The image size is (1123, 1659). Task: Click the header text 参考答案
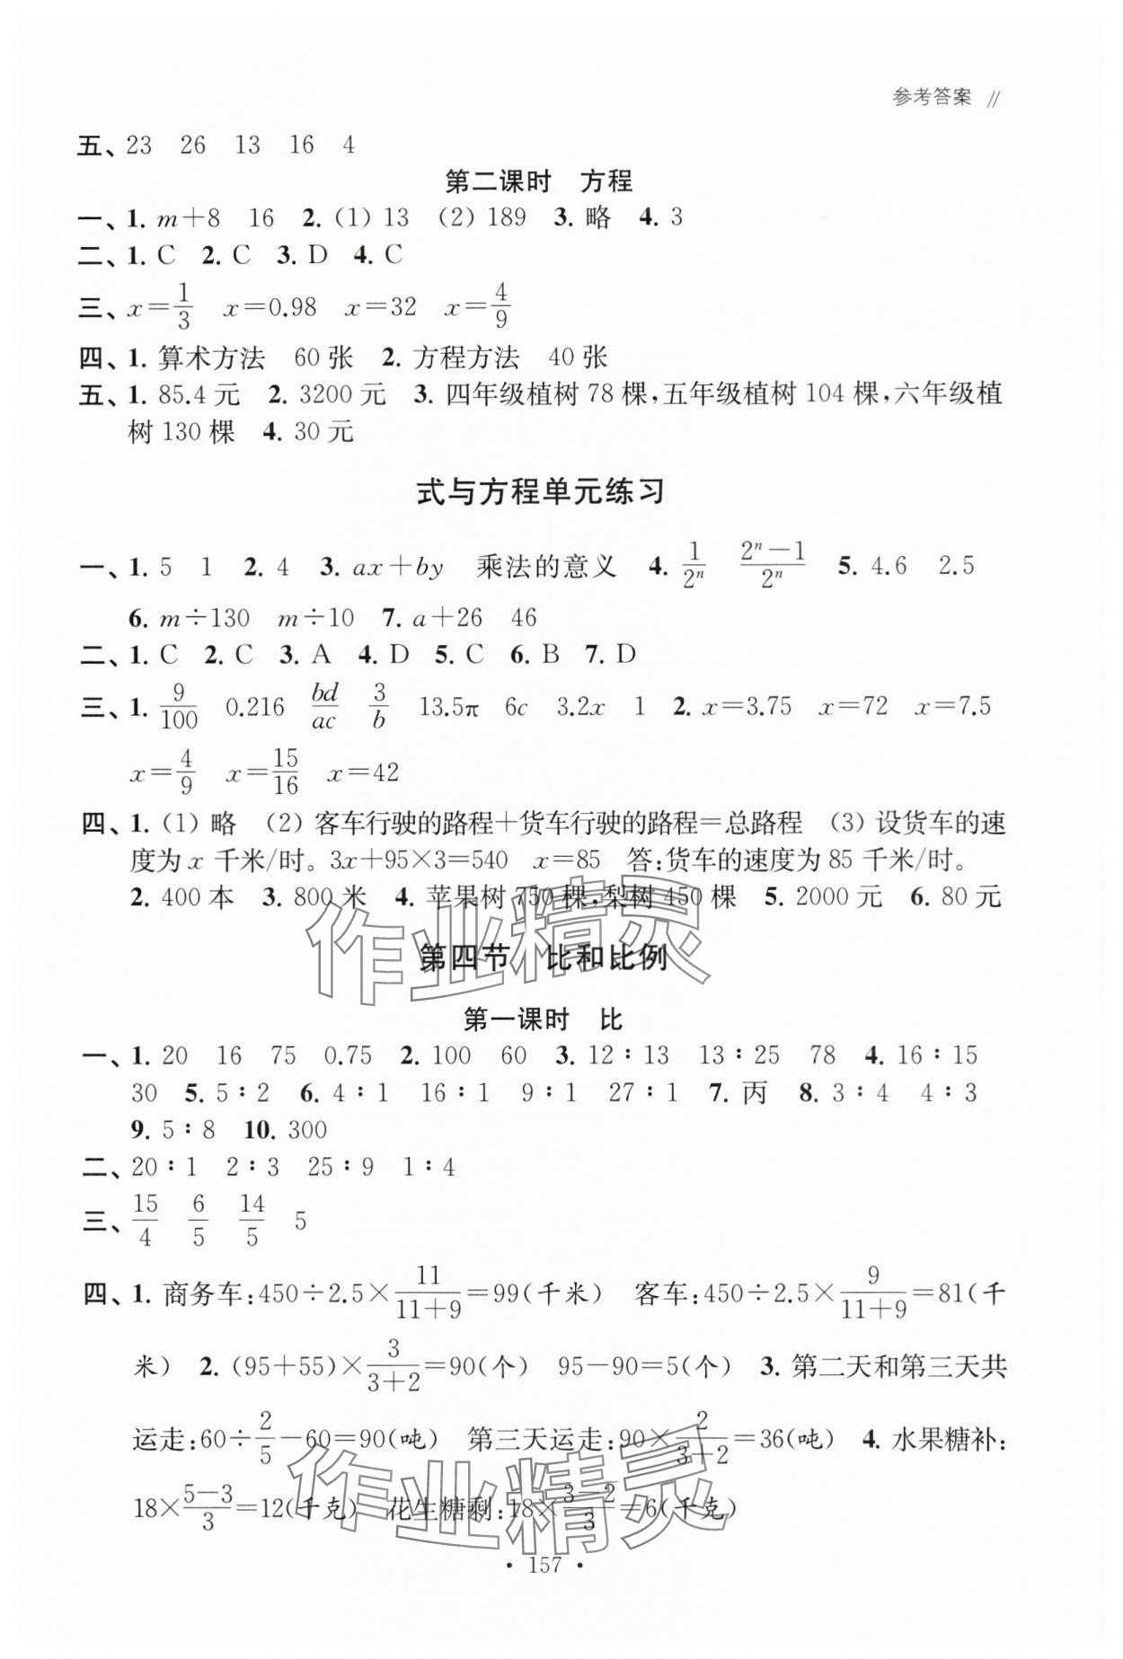click(x=932, y=98)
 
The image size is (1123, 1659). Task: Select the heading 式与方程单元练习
click(x=540, y=492)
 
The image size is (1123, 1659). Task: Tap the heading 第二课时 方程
click(x=539, y=181)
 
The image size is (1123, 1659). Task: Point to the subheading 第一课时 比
click(x=542, y=1019)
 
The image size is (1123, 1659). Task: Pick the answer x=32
click(x=381, y=308)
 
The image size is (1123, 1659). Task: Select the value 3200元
click(x=341, y=394)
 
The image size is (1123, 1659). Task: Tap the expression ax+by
click(x=397, y=568)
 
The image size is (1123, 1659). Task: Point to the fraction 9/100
click(x=178, y=708)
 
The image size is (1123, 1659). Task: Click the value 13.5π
click(x=449, y=707)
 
